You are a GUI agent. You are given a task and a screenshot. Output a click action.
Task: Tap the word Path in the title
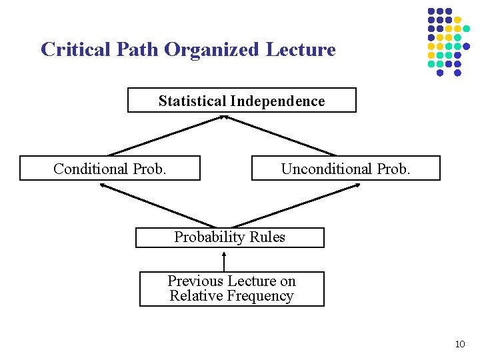141,49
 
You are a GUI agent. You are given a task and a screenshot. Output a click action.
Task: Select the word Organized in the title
213,50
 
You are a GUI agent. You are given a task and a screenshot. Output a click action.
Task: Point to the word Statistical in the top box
193,101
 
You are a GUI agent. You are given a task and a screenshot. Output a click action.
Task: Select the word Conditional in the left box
91,169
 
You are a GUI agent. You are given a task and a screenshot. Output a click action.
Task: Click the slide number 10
459,344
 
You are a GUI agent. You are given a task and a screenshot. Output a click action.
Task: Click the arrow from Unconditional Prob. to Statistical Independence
280,136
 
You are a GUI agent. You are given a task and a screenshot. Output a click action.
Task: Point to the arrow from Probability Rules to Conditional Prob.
159,205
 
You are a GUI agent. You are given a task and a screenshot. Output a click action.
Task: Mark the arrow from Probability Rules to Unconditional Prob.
297,205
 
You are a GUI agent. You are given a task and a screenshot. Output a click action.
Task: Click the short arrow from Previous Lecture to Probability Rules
224,260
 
